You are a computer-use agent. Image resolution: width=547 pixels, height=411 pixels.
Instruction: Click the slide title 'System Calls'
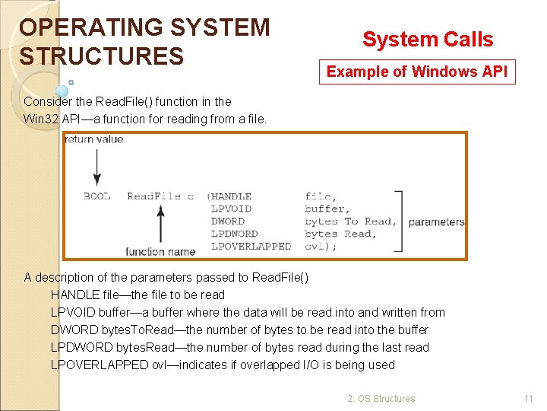click(x=428, y=40)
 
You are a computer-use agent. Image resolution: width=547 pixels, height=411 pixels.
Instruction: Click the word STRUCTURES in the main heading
click(x=102, y=56)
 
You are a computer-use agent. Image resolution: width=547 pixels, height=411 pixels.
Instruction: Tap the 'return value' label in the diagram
click(x=94, y=139)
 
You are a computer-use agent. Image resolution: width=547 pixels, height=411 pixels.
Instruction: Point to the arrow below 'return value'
click(x=96, y=167)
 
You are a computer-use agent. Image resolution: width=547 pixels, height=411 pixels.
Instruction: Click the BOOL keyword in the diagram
click(x=96, y=196)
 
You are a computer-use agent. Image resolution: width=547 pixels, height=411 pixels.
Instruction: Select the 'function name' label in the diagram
click(x=160, y=251)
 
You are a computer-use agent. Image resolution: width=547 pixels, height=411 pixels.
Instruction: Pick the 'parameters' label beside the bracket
click(x=436, y=222)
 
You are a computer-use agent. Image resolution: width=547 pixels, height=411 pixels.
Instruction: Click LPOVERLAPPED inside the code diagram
click(x=251, y=246)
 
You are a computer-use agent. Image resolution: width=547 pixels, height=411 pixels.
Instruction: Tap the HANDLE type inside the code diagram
click(x=232, y=196)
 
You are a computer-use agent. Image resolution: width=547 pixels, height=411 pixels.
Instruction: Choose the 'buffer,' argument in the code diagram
click(x=327, y=209)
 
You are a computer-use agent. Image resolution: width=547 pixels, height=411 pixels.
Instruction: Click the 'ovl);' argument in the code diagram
click(x=321, y=246)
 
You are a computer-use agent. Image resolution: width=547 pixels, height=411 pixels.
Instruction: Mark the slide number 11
click(x=529, y=398)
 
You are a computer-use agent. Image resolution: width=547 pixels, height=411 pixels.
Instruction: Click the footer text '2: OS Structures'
click(x=381, y=398)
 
